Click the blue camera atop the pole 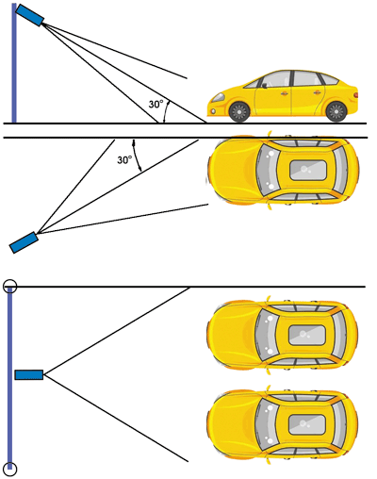[x=29, y=15]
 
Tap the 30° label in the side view [x=156, y=104]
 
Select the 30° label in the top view [x=124, y=160]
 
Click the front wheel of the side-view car [x=239, y=111]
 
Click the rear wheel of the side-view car [x=336, y=111]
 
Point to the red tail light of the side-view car [x=355, y=94]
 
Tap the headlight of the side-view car [x=217, y=97]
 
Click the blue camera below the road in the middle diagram [x=24, y=242]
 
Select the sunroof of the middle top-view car [x=307, y=170]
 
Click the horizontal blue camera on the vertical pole [x=29, y=374]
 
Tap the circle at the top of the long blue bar [x=9, y=286]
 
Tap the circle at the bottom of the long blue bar [x=9, y=469]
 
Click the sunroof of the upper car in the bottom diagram [x=306, y=335]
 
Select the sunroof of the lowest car [x=306, y=424]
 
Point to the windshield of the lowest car [x=267, y=424]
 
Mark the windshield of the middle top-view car [x=268, y=170]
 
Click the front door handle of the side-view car [x=284, y=93]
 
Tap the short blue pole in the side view [x=14, y=63]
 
